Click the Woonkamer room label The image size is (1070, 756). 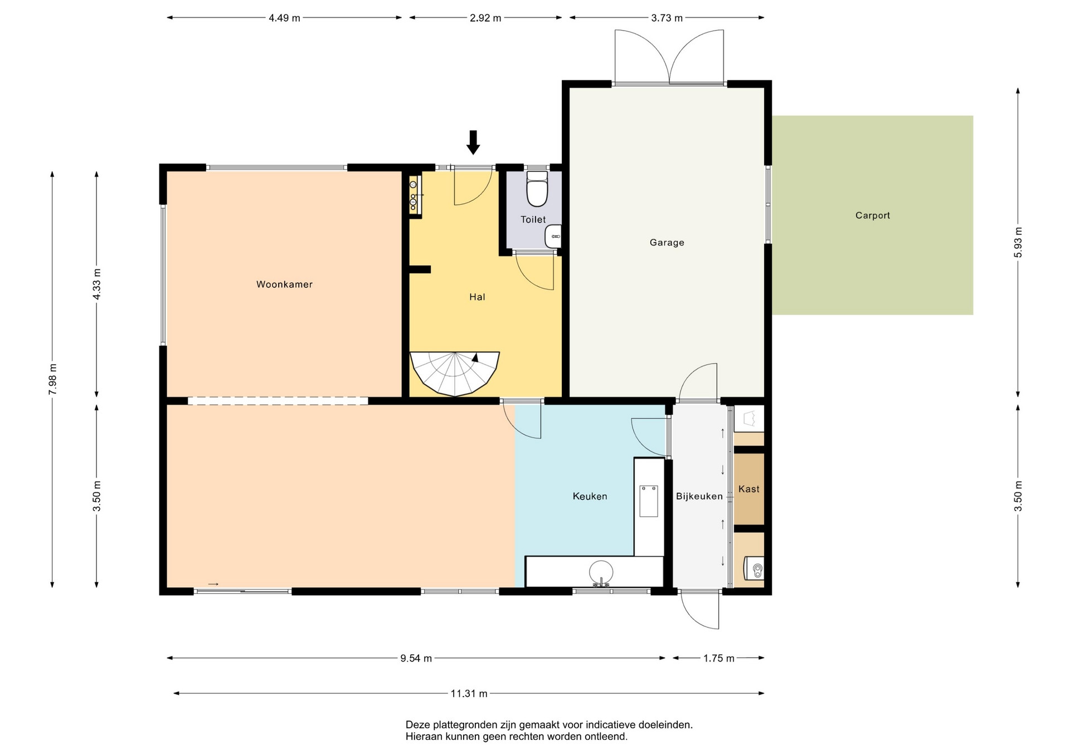(284, 284)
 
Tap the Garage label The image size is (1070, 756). (667, 243)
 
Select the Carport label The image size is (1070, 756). (873, 215)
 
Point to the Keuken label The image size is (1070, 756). (590, 496)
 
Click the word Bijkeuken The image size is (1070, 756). (699, 496)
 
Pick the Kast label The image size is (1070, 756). (748, 489)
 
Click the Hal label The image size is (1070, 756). (477, 297)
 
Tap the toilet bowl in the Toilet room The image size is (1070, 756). (537, 189)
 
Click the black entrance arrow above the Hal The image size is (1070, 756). (473, 142)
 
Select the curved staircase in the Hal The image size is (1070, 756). (454, 374)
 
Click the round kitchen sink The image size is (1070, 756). (601, 572)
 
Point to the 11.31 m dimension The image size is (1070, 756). (469, 694)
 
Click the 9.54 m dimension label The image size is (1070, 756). (416, 658)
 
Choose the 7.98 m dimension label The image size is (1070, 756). (52, 379)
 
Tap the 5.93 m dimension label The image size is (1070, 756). (1018, 243)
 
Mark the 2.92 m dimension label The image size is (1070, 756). (485, 18)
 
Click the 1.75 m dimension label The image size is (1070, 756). (718, 658)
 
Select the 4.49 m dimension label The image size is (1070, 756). (284, 18)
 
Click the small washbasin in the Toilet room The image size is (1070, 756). (553, 237)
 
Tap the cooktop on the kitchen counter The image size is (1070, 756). (649, 501)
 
